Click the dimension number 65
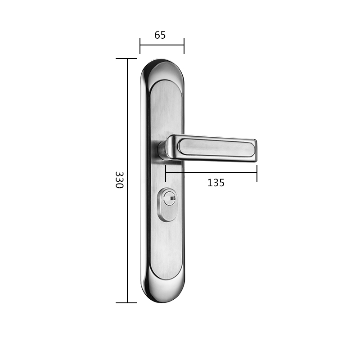coord(160,35)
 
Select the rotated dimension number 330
coord(119,180)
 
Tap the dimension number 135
coord(216,183)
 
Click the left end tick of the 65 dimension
coord(140,45)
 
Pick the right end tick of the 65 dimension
coord(184,45)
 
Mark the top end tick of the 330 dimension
coord(127,58)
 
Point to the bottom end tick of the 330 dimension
coord(127,303)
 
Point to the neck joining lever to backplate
coord(162,150)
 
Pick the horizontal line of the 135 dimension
coord(211,172)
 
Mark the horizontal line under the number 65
coord(162,45)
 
